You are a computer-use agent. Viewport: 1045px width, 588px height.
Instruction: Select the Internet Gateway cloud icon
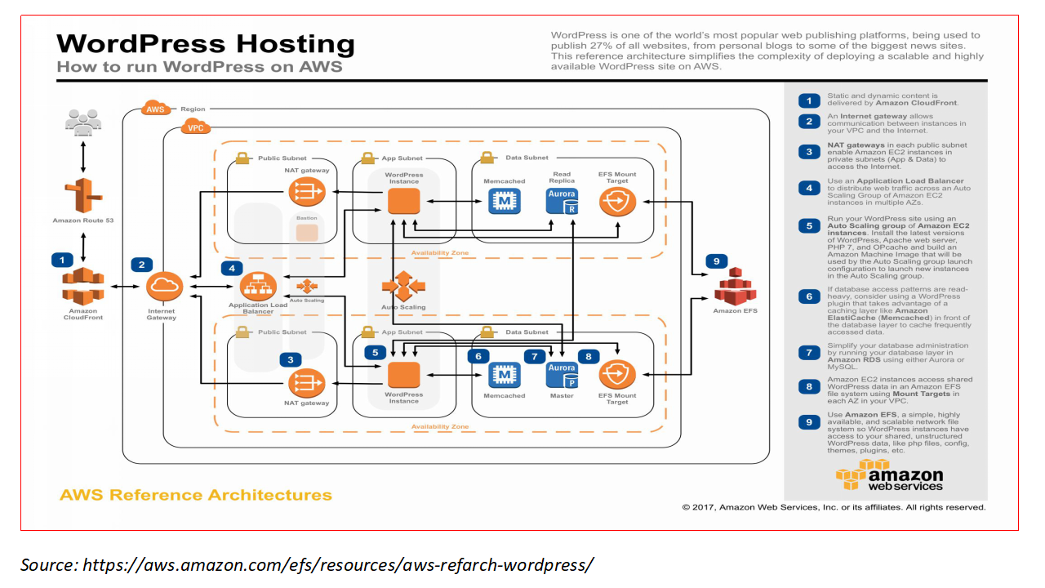click(162, 287)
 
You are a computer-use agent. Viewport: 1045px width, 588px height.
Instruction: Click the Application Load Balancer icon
click(258, 285)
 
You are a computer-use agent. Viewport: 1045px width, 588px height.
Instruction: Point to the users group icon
click(82, 123)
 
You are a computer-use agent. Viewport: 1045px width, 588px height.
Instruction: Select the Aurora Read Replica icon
click(562, 200)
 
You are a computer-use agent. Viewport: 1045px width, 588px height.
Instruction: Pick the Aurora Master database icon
click(562, 375)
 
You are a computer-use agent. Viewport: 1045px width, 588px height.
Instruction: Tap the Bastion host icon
click(307, 233)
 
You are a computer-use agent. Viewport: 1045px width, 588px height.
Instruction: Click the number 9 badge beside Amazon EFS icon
click(716, 261)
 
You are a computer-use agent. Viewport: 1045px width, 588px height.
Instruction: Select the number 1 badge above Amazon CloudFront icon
click(61, 260)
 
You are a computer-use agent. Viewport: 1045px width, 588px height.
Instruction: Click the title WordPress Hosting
click(206, 43)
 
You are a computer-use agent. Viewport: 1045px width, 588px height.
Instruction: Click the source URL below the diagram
click(307, 564)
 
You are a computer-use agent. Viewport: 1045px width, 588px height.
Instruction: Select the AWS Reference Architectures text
click(196, 495)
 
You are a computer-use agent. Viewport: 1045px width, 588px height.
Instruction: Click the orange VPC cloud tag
click(196, 127)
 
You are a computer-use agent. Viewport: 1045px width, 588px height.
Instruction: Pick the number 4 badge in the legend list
click(808, 188)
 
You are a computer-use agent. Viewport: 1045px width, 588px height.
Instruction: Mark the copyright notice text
click(834, 507)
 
